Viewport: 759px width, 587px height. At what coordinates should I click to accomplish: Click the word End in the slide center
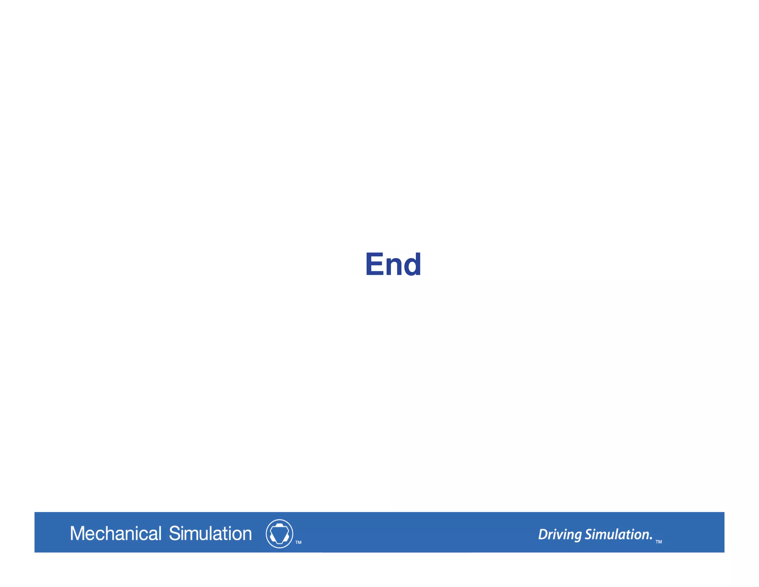tap(393, 264)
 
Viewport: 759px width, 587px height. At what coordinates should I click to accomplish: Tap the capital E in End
tap(375, 264)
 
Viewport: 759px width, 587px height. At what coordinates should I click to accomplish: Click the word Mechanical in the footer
tap(116, 534)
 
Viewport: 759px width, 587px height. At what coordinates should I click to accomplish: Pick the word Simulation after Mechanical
tap(210, 534)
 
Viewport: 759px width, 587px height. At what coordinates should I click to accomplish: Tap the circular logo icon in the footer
tap(279, 534)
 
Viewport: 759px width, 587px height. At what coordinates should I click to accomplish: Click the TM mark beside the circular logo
tap(298, 542)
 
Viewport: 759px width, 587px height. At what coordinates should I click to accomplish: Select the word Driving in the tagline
tap(560, 535)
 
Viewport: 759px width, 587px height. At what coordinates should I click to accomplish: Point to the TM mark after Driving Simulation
tap(659, 542)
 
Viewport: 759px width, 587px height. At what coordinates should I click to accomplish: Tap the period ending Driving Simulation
tap(651, 539)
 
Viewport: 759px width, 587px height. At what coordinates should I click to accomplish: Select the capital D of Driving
tap(543, 534)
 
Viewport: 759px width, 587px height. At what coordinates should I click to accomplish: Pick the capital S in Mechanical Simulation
tap(174, 534)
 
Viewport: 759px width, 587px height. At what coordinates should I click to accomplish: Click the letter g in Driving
tap(577, 536)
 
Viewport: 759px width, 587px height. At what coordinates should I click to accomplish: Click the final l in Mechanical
tap(160, 533)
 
